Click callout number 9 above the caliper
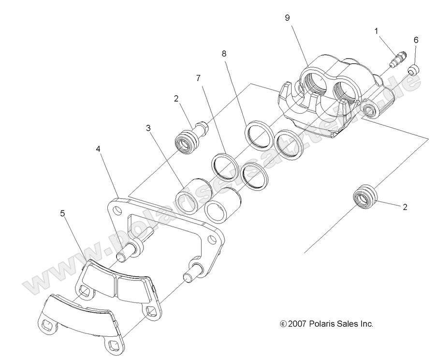pos(287,18)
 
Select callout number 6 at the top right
pos(416,40)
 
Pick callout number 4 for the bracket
pos(99,150)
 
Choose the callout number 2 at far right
pos(405,207)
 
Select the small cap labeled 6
pos(414,71)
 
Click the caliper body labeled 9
pos(338,97)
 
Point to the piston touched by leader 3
pos(192,195)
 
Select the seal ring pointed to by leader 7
pos(223,164)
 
